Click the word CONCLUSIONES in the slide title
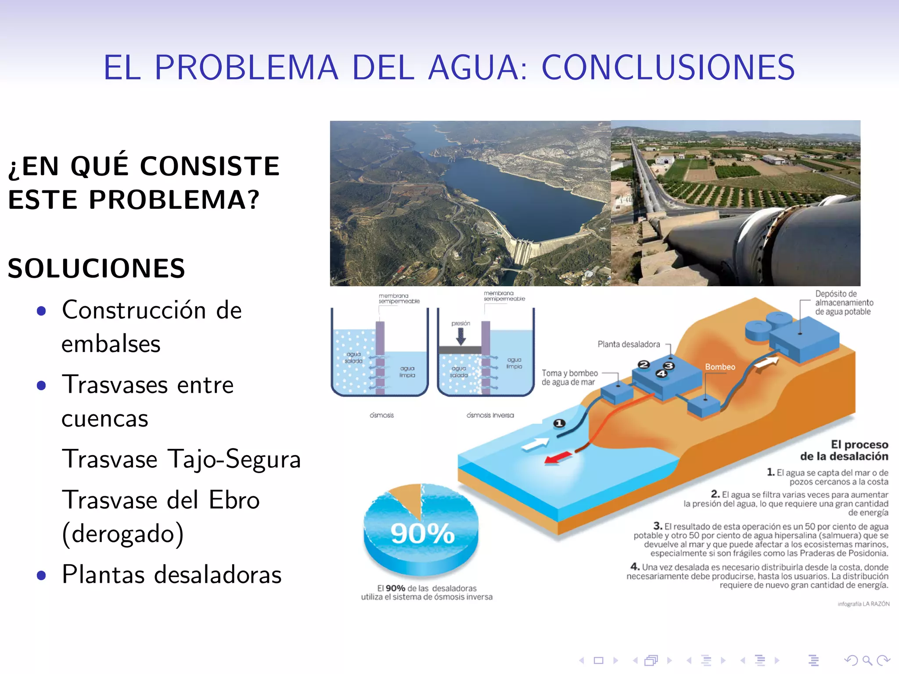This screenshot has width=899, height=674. (668, 68)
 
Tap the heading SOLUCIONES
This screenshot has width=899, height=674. (97, 269)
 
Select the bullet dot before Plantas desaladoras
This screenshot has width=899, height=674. (42, 575)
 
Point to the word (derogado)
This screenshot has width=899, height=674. (123, 534)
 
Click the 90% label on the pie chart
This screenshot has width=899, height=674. (422, 534)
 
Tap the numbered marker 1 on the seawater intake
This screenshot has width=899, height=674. (559, 423)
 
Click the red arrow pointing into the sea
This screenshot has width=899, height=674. (557, 458)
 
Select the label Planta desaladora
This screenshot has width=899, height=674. (629, 344)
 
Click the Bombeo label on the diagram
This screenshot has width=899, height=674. (720, 367)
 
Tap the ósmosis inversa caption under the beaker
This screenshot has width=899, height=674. (490, 415)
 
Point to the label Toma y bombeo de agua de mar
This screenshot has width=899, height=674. (569, 377)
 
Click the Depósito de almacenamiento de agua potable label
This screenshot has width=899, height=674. (844, 303)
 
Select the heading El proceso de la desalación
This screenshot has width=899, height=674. (844, 450)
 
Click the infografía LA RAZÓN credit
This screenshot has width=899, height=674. (863, 604)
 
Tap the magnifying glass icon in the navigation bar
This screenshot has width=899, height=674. (867, 660)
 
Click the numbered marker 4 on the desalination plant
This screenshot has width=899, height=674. (661, 374)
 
